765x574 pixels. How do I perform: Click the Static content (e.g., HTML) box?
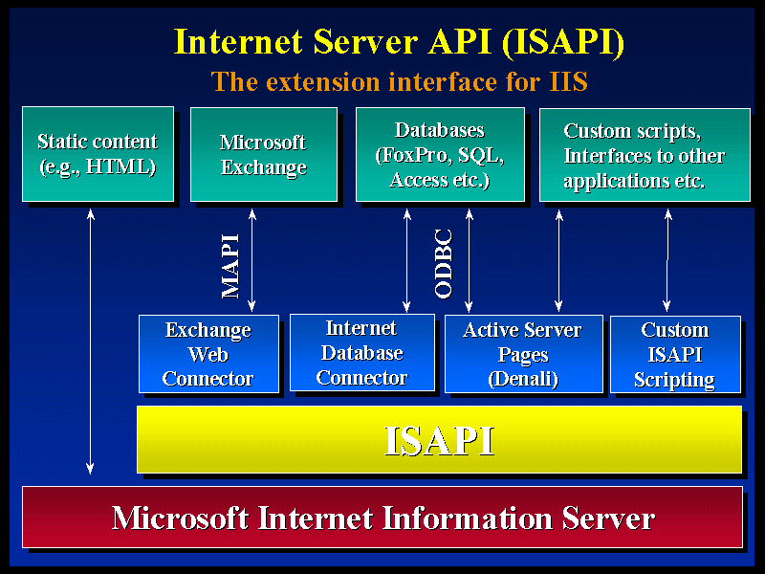98,154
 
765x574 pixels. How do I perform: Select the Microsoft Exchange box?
264,154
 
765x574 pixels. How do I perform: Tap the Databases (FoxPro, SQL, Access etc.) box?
440,154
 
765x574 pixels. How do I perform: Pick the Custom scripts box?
645,155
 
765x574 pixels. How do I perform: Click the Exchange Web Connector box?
208,354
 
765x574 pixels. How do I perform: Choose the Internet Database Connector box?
362,352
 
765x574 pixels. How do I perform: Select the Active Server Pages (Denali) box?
523,354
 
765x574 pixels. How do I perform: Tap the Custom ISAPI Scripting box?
675,354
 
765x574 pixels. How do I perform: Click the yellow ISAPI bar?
439,439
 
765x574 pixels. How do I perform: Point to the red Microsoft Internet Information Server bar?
382,517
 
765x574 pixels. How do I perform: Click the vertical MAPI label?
230,267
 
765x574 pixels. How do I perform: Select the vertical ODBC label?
444,264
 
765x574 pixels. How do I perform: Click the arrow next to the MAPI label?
251,260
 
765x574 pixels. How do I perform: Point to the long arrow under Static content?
90,342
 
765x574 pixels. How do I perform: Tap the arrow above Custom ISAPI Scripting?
667,260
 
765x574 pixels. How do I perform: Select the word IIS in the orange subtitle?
568,81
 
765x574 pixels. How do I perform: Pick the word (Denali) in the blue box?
523,379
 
